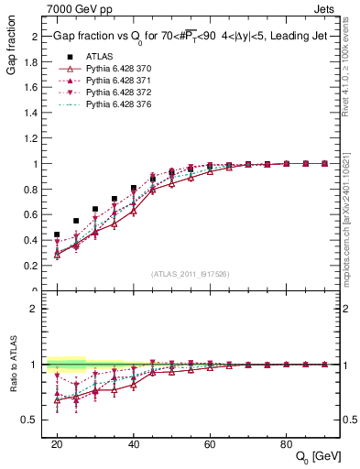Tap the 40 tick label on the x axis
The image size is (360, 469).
133,442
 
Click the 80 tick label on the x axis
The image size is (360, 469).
287,442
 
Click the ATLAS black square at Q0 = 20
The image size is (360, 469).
57,234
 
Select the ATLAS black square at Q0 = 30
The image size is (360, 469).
95,209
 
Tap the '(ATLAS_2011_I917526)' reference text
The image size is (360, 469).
191,273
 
